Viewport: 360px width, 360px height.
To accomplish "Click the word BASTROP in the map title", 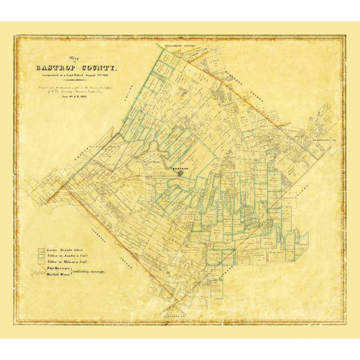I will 62,68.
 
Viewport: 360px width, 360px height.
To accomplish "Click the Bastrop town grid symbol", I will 180,173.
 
